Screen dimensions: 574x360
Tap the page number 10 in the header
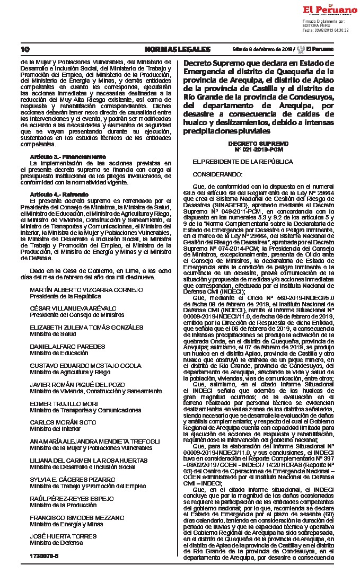[x=24, y=49]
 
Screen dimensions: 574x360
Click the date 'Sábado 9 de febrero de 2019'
[x=262, y=49]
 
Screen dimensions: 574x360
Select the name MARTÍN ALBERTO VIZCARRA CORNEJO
[x=86, y=290]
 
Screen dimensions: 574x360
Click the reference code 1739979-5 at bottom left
[x=44, y=556]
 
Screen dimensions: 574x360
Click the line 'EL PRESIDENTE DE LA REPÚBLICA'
[x=242, y=161]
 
